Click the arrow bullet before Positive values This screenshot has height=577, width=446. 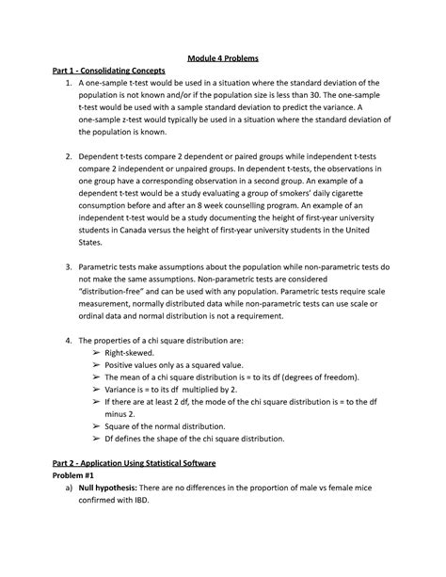click(97, 366)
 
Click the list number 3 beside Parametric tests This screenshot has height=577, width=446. click(70, 266)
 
